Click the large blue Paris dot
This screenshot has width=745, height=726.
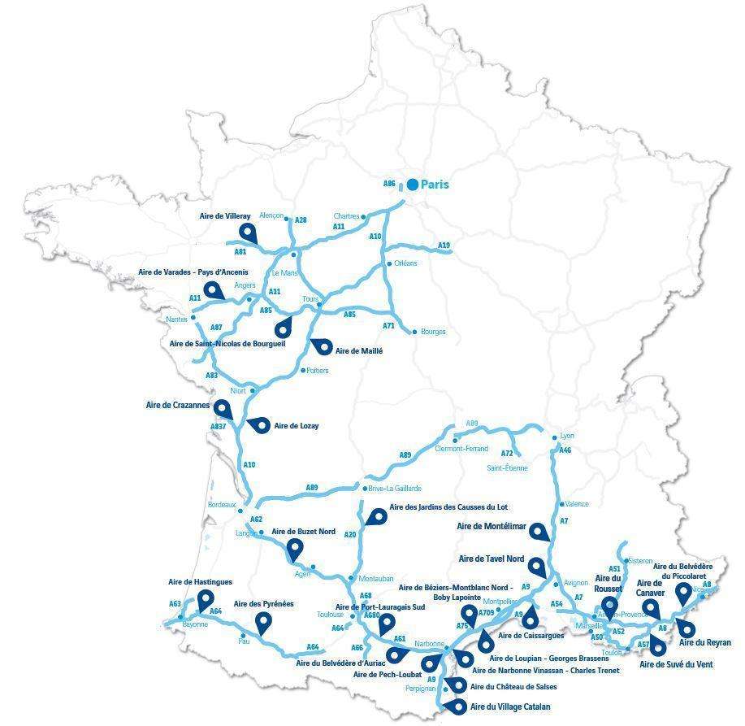click(x=413, y=185)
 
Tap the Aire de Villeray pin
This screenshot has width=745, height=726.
click(x=248, y=233)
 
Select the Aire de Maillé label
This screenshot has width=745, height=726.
click(x=358, y=351)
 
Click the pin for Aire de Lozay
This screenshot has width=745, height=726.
click(x=258, y=424)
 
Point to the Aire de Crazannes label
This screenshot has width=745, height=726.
click(x=178, y=405)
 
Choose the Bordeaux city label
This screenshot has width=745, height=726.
click(x=222, y=505)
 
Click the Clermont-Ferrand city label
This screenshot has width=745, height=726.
click(x=461, y=449)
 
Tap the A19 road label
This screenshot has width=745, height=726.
click(x=444, y=245)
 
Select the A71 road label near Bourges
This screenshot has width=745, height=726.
click(x=388, y=325)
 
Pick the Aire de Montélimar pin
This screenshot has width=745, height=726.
click(x=538, y=532)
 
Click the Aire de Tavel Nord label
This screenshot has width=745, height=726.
click(x=492, y=559)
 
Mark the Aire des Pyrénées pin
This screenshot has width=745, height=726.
click(x=262, y=623)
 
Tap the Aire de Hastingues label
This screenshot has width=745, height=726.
click(x=200, y=582)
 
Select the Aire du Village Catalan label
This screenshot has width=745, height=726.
click(x=509, y=707)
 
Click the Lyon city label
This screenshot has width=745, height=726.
click(x=566, y=437)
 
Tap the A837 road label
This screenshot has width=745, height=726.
click(x=219, y=427)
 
